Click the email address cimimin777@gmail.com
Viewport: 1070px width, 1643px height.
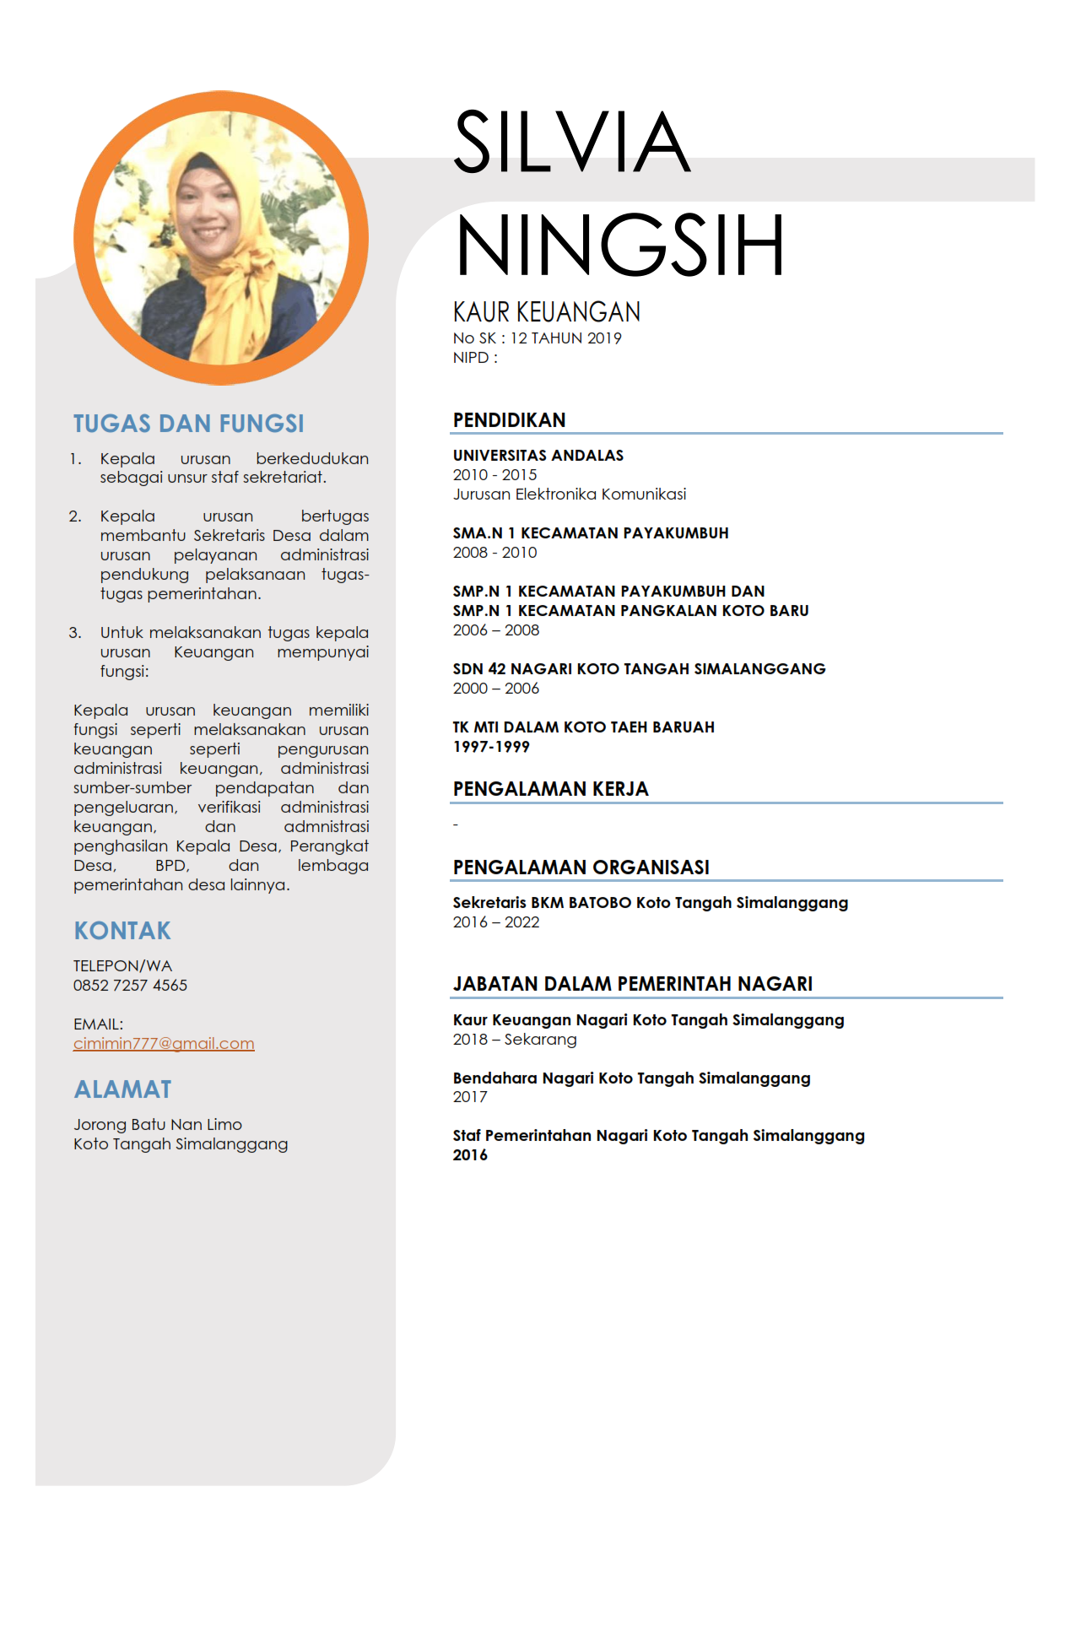(164, 1044)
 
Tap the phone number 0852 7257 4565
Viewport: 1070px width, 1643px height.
(130, 986)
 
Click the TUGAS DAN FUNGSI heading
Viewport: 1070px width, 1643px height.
(188, 424)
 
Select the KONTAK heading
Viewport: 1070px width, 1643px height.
(122, 931)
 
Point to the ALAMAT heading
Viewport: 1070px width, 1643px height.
(122, 1089)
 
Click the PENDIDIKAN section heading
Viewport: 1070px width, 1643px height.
(509, 420)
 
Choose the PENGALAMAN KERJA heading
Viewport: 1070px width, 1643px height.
(550, 789)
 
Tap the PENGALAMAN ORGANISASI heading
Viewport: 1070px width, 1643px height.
(581, 867)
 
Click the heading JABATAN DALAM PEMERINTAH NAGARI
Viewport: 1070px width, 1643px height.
(632, 984)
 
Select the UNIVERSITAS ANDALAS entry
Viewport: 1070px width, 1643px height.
(538, 456)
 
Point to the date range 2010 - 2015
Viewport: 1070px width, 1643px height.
(494, 475)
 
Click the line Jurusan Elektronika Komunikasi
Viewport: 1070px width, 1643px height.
(569, 495)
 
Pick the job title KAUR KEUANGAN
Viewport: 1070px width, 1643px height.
(546, 312)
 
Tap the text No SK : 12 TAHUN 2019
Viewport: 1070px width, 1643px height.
(537, 338)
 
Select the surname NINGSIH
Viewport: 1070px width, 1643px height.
(620, 246)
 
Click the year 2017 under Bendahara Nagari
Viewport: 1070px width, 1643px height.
(470, 1097)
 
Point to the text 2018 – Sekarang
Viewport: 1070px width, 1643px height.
(515, 1040)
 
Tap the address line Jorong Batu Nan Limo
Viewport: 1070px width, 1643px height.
(158, 1125)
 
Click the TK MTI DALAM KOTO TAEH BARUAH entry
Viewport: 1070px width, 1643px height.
(583, 727)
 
